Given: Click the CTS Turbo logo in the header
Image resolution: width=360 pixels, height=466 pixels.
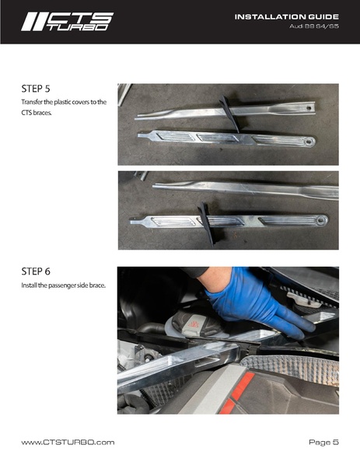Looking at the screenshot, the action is pos(67,22).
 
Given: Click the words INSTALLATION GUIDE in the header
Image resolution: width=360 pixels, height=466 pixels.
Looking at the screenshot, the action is pos(287,17).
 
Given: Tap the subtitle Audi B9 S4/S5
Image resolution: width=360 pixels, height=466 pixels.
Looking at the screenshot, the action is pos(314,26).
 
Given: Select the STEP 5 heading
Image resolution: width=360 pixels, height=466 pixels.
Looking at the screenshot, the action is pos(36,89).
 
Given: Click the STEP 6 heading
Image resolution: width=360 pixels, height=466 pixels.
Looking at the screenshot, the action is pos(36,272).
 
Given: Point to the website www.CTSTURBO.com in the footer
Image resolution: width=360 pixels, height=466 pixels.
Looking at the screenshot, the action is pos(68,442).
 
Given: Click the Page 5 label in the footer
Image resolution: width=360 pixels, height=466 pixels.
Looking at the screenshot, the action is pos(323,442).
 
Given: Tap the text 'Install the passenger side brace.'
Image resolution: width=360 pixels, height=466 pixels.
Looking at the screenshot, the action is pos(64,286).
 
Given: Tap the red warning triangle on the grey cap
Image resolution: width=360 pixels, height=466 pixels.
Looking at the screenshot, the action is pos(194,324).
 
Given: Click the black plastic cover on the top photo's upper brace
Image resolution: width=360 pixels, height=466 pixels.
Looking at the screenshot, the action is pos(229,114).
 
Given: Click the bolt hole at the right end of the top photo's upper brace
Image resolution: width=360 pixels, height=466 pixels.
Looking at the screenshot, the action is pos(309,108).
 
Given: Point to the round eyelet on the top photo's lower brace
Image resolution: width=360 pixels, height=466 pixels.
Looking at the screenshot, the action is pos(309,142).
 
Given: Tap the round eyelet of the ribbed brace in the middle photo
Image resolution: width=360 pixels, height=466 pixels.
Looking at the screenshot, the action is pos(321,220).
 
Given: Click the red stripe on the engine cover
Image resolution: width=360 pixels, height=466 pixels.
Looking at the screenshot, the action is pos(236,393).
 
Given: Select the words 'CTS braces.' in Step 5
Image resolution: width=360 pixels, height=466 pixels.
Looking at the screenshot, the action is pos(37,113).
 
